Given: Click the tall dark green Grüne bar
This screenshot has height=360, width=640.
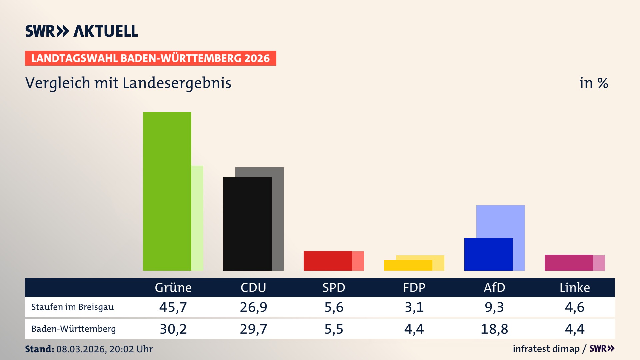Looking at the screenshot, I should pos(167,191).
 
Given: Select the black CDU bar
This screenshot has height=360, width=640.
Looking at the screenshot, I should pos(247,224).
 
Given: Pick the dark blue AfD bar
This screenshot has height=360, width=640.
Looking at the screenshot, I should pos(488,254).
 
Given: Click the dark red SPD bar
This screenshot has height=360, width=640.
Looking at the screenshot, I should pos(328,261).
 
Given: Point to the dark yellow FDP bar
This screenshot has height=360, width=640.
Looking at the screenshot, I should pos(408,265).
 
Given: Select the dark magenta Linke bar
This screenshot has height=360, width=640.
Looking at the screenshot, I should pos(569,263).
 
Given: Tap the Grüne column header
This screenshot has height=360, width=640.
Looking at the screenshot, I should pos(173,287).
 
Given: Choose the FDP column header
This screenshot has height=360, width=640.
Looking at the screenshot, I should pos(414,287).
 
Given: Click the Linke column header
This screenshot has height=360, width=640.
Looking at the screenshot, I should pos(575,287).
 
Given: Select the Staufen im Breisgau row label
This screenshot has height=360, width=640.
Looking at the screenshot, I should pos(72,307).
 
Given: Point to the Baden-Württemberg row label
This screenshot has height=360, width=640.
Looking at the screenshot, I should pos(73,329).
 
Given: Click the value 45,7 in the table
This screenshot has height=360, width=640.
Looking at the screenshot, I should pos(173,307).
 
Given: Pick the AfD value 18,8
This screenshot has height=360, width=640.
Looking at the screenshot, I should pos(494,329).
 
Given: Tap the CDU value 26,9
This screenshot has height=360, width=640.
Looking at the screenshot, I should pos(253,307).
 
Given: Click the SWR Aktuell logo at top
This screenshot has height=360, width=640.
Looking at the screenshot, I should pos(82,31).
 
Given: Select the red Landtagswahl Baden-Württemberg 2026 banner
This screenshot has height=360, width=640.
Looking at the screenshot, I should pos(150,58).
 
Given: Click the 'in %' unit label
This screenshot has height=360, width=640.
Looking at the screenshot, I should pos(594,83).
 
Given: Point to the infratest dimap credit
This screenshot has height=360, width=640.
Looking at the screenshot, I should pos(546,349).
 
